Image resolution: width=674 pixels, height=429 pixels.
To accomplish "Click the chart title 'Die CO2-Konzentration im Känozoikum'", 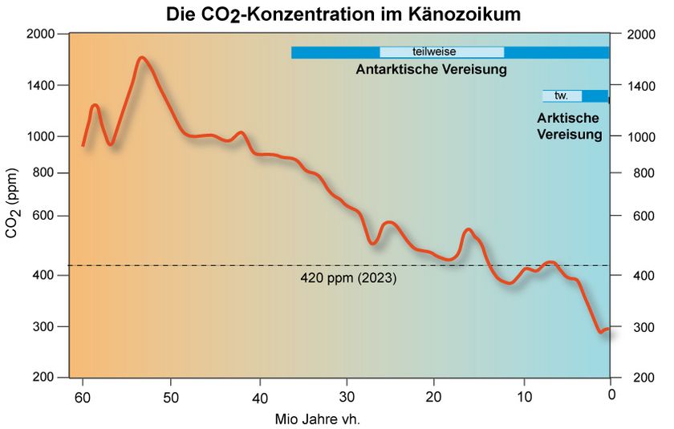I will point(337,14).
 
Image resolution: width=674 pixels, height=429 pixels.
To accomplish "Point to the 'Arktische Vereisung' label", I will point(569,127).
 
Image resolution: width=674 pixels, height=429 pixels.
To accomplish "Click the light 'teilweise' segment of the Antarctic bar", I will point(441,52).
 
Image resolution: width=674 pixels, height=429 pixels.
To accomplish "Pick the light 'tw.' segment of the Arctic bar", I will point(562,95).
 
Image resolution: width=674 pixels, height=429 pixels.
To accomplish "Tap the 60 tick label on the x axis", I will point(82,397).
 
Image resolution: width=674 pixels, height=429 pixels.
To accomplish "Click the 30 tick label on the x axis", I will point(347,397).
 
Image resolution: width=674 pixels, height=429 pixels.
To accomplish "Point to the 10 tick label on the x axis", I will point(523,397).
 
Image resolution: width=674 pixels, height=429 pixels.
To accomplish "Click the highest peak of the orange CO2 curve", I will point(141,58).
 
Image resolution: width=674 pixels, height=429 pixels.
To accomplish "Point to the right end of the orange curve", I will point(609,329).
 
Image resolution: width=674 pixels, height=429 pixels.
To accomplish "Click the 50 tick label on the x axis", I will point(170,397).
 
